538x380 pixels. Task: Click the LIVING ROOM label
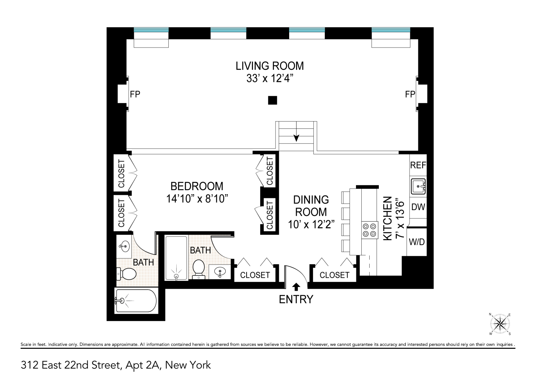pos(269,66)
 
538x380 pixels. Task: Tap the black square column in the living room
pos(272,100)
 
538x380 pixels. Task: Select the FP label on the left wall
pos(135,94)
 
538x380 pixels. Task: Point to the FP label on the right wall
pos(410,94)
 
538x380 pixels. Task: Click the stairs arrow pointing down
pos(296,137)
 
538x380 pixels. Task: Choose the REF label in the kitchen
pos(418,165)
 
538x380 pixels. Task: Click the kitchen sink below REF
pos(418,186)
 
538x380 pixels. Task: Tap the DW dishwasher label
pos(418,207)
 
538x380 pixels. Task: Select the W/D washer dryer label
pos(417,242)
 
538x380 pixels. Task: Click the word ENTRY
pos(296,299)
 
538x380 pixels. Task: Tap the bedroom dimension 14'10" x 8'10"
pos(196,198)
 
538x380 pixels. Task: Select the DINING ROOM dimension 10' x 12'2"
pos(311,224)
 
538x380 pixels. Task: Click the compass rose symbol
pos(500,324)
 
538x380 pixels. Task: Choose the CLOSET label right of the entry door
pos(334,275)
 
